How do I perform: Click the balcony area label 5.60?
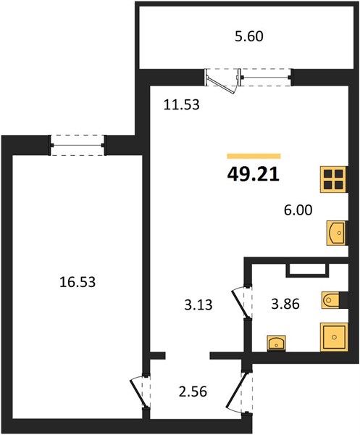[x=249, y=37]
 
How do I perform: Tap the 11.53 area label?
[x=182, y=105]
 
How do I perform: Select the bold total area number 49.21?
[x=254, y=175]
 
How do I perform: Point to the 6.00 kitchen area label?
[x=298, y=210]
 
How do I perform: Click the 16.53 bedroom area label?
[x=78, y=282]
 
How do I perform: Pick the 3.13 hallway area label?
[x=198, y=304]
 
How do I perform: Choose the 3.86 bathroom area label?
[x=285, y=304]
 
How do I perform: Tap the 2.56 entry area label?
[x=193, y=392]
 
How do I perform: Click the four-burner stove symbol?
[x=334, y=179]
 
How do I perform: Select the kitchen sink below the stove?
[x=337, y=233]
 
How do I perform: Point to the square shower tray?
[x=334, y=337]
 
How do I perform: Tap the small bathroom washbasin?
[x=276, y=343]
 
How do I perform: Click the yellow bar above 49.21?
[x=254, y=156]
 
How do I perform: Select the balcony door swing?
[x=222, y=82]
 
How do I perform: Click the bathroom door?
[x=240, y=303]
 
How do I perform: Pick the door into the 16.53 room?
[x=140, y=392]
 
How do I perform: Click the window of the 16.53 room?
[x=78, y=145]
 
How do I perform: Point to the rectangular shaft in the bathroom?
[x=308, y=270]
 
